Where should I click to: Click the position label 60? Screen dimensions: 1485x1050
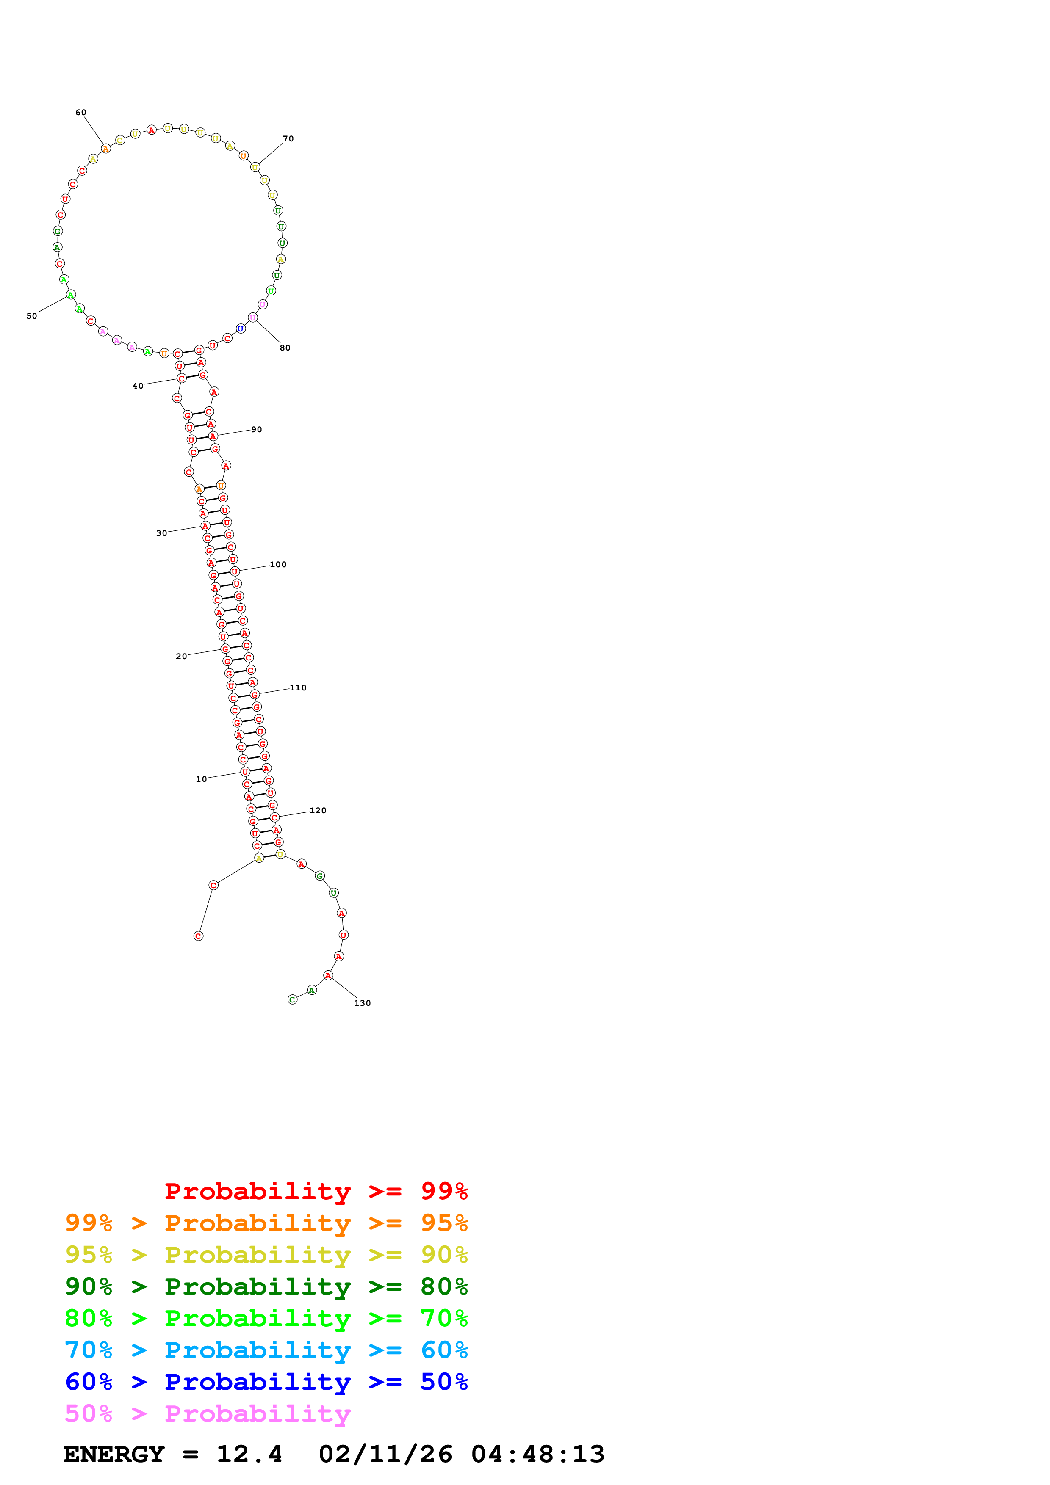(x=81, y=113)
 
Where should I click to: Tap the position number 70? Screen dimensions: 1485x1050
(x=288, y=138)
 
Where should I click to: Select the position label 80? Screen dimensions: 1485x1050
(x=285, y=348)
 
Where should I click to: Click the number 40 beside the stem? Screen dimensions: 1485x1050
(x=138, y=386)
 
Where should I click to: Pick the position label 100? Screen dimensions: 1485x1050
(x=278, y=565)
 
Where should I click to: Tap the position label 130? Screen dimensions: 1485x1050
(x=362, y=1003)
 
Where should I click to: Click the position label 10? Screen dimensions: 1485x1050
(x=201, y=779)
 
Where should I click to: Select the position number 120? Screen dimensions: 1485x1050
(x=318, y=810)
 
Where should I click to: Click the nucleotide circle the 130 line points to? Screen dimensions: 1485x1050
(x=328, y=975)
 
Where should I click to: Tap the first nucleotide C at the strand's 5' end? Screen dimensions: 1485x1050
(x=199, y=936)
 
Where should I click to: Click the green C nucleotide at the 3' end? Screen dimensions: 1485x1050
(x=292, y=999)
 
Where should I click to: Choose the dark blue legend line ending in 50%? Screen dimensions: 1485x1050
(x=266, y=1382)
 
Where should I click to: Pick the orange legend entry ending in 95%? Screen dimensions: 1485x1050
(x=266, y=1223)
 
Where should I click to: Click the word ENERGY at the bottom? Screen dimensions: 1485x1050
(x=114, y=1455)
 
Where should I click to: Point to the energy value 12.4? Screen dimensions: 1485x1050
(x=249, y=1455)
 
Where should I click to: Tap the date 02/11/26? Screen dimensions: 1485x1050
(x=385, y=1455)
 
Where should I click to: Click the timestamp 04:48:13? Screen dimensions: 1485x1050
(x=537, y=1455)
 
